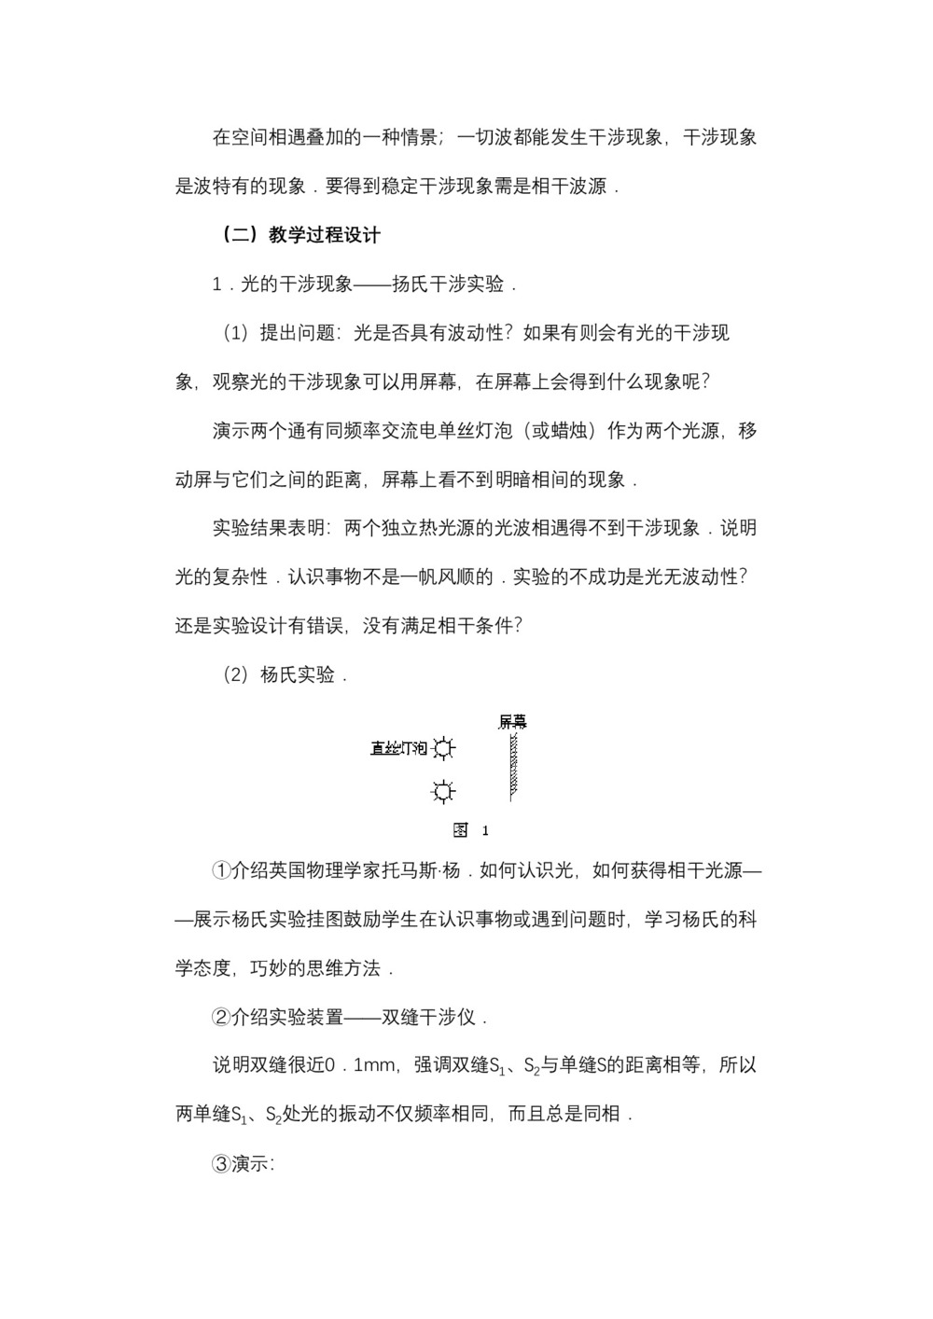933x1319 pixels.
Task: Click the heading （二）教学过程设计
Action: (299, 235)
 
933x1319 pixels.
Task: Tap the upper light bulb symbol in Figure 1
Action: (444, 748)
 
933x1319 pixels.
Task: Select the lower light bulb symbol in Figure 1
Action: (443, 792)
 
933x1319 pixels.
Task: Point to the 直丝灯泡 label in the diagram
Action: (398, 748)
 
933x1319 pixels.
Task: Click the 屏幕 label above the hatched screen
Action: (511, 721)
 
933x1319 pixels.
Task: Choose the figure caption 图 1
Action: (470, 830)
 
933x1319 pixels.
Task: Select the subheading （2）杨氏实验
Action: (285, 674)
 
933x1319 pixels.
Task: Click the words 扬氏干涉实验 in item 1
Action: (447, 285)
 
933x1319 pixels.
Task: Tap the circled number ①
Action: (221, 870)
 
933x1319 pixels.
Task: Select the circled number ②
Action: (221, 1017)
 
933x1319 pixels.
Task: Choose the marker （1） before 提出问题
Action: (236, 333)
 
